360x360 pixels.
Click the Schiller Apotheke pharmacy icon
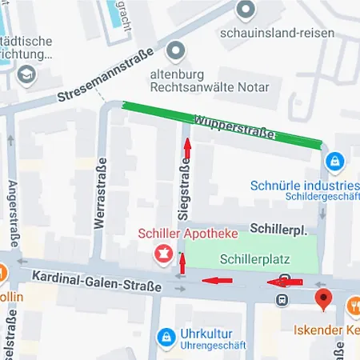tap(163, 254)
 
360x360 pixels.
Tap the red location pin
tap(323, 300)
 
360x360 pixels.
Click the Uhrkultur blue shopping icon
tap(166, 338)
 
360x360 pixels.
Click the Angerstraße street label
tap(14, 216)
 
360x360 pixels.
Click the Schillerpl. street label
tap(278, 230)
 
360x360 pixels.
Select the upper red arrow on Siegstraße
tap(187, 147)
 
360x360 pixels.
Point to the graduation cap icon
tap(28, 74)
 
